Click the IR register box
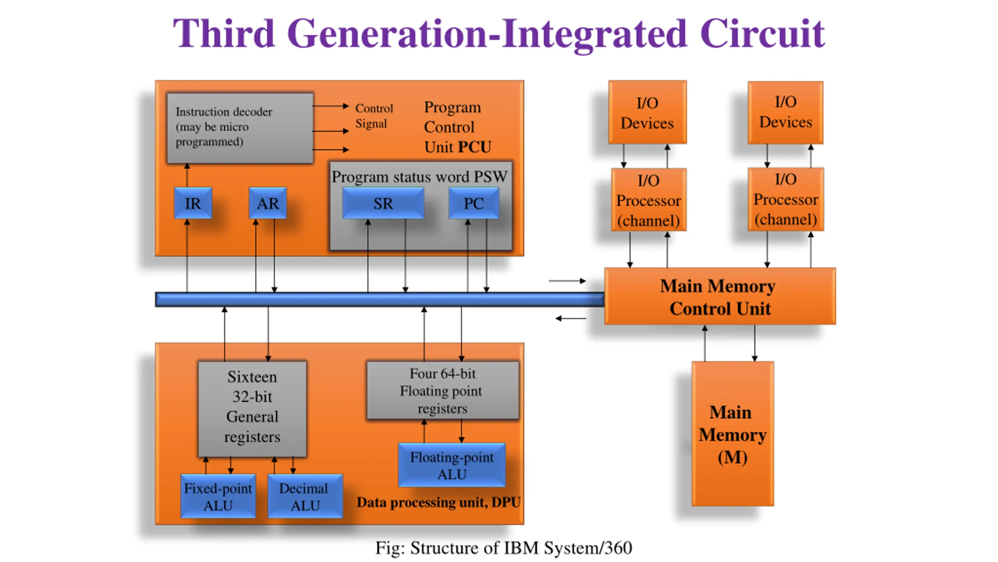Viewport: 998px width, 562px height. coord(193,203)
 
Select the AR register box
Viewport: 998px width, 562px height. coord(268,203)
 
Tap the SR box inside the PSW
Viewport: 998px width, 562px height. coord(383,203)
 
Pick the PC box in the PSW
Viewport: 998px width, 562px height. coord(474,203)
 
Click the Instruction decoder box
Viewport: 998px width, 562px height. coord(240,128)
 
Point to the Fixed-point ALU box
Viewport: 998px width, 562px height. coord(218,496)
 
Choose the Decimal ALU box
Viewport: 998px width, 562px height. coord(305,496)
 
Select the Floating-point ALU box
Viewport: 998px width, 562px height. coord(452,465)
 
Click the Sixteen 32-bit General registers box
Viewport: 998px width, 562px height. coord(252,408)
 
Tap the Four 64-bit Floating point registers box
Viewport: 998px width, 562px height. coord(442,391)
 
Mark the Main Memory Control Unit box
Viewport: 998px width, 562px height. coord(720,297)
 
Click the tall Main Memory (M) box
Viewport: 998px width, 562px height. coord(733,434)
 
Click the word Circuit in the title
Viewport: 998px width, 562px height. coord(762,34)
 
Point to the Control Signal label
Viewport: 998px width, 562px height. coord(373,116)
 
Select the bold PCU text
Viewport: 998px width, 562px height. coord(474,147)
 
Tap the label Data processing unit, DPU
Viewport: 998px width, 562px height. coord(439,502)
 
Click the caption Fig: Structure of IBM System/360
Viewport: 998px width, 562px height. coord(503,548)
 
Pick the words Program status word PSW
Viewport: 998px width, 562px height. coord(419,177)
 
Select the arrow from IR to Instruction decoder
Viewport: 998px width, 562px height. coord(187,175)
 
